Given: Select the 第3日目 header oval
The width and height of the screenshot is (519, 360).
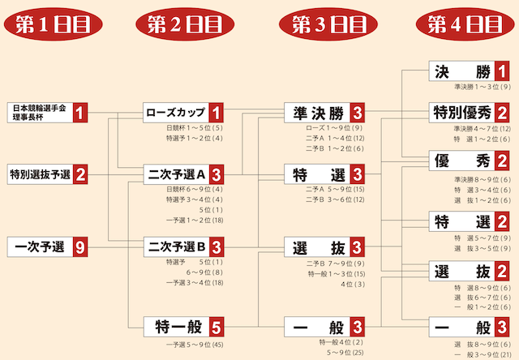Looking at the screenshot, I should tap(324, 24).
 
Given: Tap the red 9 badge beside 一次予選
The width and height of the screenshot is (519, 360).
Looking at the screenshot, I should tap(80, 246).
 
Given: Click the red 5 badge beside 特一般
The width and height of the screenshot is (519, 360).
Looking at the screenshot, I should tap(215, 327).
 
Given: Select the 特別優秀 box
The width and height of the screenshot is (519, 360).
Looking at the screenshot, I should tap(461, 112).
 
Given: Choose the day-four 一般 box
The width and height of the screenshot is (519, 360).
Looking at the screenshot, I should tap(461, 327).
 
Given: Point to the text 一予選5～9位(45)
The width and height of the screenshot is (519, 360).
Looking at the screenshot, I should tap(195, 345).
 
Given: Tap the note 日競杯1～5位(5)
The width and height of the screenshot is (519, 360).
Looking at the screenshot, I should tap(195, 127).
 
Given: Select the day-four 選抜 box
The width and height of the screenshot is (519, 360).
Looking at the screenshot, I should tap(461, 271).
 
